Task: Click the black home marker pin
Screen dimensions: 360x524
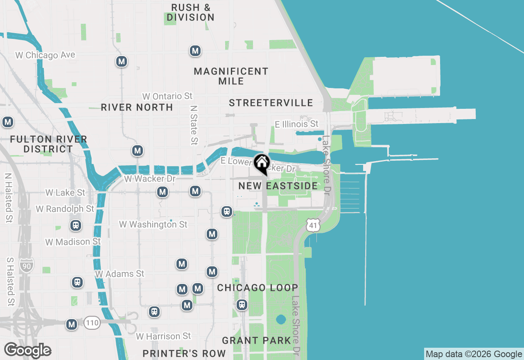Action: (261, 164)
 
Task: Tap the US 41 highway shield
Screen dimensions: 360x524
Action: (313, 225)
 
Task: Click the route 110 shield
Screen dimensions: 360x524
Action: (93, 323)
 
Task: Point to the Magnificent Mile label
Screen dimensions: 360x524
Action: (231, 76)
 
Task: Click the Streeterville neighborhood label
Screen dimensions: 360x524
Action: (271, 103)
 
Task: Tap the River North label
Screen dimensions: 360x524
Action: (137, 107)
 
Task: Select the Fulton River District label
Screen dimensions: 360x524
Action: (48, 144)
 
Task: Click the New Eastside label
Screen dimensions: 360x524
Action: (278, 186)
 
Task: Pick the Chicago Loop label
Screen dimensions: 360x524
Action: (257, 288)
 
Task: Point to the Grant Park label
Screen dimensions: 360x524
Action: (256, 340)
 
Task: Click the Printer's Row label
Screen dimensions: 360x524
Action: (184, 353)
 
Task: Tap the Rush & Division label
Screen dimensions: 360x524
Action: (191, 12)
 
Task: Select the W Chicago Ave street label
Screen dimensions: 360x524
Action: (45, 55)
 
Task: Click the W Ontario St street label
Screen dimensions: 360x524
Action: (167, 97)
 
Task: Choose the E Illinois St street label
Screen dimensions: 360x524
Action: (296, 124)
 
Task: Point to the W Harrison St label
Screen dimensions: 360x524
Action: (163, 336)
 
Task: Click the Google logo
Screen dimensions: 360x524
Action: (28, 350)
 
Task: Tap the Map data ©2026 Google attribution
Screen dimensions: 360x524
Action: (474, 354)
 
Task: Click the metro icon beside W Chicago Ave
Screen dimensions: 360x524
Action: (121, 62)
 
